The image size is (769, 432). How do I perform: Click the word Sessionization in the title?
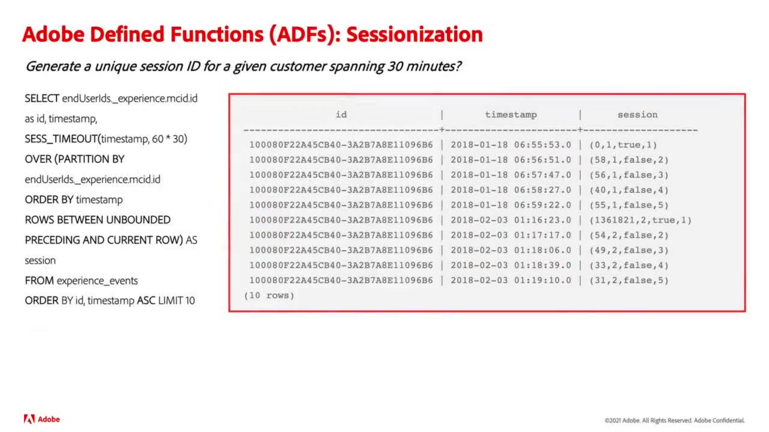(415, 34)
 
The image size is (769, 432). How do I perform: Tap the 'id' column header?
(341, 115)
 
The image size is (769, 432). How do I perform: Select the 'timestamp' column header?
(511, 115)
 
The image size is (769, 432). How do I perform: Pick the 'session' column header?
(637, 115)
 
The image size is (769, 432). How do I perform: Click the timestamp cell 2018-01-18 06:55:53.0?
(511, 145)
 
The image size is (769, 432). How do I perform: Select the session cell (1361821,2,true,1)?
(640, 220)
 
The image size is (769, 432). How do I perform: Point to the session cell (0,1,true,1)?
(623, 145)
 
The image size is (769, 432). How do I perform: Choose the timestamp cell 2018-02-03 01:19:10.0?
(511, 280)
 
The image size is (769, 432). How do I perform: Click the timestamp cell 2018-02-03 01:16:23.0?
(511, 220)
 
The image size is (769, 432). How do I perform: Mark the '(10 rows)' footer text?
(269, 296)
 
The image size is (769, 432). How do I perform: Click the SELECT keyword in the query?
(42, 98)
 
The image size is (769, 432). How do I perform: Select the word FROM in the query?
(39, 281)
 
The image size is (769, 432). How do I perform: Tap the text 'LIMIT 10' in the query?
(176, 301)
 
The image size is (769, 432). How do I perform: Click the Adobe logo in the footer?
(42, 419)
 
